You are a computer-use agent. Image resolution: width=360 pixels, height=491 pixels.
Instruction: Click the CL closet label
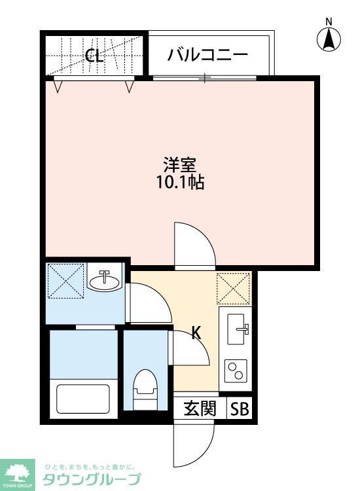pyautogui.click(x=94, y=55)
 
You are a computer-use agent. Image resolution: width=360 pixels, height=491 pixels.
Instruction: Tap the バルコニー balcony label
pyautogui.click(x=207, y=54)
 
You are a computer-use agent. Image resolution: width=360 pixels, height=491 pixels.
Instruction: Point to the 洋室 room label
pyautogui.click(x=180, y=164)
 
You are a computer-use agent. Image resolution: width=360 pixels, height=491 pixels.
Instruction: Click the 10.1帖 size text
pyautogui.click(x=180, y=183)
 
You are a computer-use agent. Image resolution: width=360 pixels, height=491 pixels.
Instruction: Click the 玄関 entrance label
pyautogui.click(x=200, y=409)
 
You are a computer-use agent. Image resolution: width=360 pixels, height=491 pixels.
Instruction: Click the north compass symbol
pyautogui.click(x=330, y=37)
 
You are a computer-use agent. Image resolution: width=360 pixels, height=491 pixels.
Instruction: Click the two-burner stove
pyautogui.click(x=235, y=372)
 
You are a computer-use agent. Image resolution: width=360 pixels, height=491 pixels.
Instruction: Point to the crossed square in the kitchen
pyautogui.click(x=234, y=287)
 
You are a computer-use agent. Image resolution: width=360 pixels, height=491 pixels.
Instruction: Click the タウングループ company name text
pyautogui.click(x=91, y=479)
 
